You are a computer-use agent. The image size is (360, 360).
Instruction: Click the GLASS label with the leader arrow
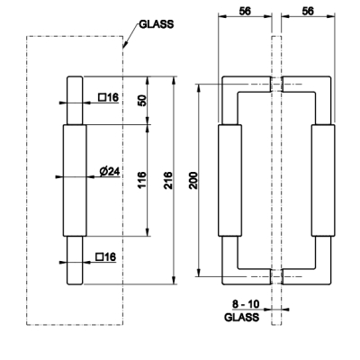coord(157,24)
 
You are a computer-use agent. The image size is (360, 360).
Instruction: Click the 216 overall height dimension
coord(168,180)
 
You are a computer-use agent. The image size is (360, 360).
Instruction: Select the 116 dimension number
coord(142,180)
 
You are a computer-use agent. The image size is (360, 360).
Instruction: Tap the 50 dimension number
coord(142,100)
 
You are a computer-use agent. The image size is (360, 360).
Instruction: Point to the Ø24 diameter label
coord(110,171)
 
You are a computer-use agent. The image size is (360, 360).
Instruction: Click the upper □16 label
coord(109,97)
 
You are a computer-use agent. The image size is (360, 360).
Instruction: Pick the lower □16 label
coord(106,256)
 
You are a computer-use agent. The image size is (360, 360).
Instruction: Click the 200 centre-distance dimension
coord(194,180)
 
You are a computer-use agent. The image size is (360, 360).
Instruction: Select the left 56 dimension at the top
coord(245,11)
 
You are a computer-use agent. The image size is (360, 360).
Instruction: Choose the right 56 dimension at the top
coord(308,11)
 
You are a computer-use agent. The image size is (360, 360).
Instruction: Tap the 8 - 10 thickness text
coord(246,304)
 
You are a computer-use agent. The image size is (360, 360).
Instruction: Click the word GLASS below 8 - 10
coord(241,317)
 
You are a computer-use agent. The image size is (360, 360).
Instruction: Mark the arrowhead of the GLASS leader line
coord(124,47)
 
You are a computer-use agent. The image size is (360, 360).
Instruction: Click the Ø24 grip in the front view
coord(75,180)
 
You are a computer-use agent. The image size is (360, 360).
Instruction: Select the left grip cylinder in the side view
coord(229,180)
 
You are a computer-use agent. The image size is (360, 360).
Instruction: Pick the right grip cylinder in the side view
coord(323,180)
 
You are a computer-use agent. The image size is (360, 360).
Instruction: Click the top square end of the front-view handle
coord(75,100)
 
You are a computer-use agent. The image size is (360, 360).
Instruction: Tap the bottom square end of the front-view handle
coord(75,260)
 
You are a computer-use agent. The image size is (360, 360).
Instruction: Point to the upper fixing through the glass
coord(276,84)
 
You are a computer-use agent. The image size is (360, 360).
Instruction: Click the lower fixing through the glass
coord(276,276)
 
